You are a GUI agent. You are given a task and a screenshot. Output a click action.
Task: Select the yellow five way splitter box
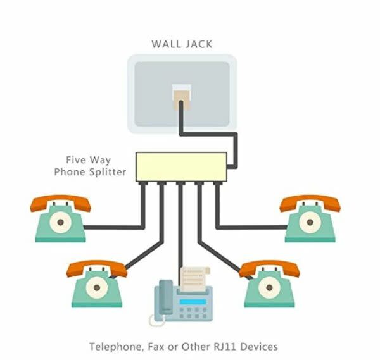[x=182, y=166]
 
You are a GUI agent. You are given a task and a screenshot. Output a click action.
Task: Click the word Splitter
[x=108, y=172]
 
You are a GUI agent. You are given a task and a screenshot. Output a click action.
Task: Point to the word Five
[x=77, y=160]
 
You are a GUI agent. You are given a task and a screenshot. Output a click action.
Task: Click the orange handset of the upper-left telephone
[x=61, y=204]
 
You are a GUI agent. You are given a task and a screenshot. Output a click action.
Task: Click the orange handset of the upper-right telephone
[x=310, y=204]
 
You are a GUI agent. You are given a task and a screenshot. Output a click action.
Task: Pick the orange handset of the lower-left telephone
[x=96, y=268]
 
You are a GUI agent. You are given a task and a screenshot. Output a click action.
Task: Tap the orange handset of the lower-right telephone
[x=269, y=268]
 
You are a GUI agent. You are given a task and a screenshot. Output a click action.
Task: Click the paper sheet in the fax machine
[x=195, y=278]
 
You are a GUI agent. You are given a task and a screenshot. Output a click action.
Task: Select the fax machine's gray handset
[x=164, y=301]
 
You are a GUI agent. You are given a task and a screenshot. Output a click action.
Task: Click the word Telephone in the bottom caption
[x=114, y=347]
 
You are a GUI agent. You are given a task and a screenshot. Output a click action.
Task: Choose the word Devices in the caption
[x=261, y=347]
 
